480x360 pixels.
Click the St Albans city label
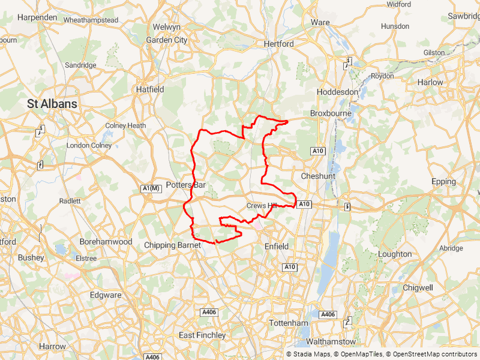[x=52, y=104]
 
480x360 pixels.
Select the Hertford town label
[x=278, y=44]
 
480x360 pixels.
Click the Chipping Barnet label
[x=172, y=245]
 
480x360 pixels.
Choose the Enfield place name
[x=276, y=247]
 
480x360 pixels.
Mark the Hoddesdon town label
[x=338, y=92]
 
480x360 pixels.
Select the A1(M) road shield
[x=151, y=189]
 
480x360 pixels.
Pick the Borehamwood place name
[x=106, y=241]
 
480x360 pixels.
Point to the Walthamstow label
[x=331, y=341]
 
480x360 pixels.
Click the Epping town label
[x=443, y=181]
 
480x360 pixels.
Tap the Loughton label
[x=395, y=254]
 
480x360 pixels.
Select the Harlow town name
[x=430, y=82]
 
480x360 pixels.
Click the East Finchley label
[x=202, y=335]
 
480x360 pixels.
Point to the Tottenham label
[x=289, y=323]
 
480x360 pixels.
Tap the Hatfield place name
[x=149, y=89]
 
